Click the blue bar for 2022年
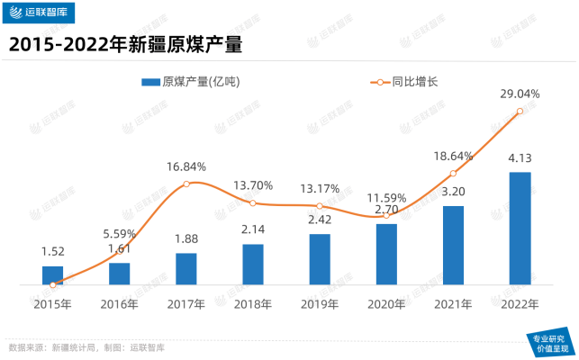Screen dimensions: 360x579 [x=520, y=229]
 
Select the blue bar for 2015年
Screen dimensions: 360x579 [x=53, y=275]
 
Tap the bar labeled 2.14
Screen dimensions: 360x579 [x=253, y=265]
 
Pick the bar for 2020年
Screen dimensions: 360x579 [x=386, y=255]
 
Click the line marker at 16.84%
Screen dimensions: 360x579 [x=186, y=184]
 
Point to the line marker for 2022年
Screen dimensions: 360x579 [x=520, y=112]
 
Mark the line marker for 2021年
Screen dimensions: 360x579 [x=453, y=173]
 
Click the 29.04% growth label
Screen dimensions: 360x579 [x=520, y=94]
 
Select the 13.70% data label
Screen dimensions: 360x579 [x=253, y=185]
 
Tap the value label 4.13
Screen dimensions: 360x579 [x=520, y=158]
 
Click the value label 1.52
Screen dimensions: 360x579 [x=53, y=252]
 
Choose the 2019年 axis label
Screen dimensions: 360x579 [x=320, y=304]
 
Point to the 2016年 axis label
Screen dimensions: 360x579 [x=120, y=304]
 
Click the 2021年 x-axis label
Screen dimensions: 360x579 [x=453, y=304]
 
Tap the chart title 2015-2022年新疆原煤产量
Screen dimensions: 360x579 [x=127, y=43]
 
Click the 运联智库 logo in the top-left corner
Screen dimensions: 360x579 [x=42, y=13]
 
